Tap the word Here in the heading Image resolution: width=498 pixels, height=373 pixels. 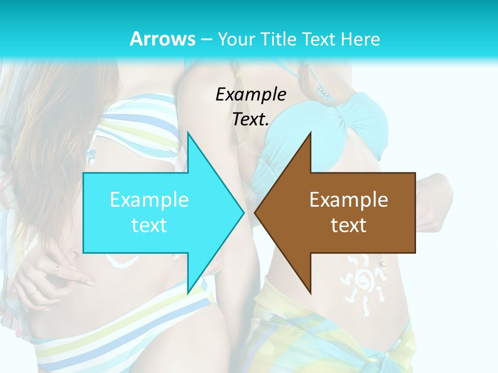pos(360,39)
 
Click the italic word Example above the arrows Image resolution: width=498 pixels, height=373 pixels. pos(251,95)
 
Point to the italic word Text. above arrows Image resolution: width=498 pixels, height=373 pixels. pos(251,120)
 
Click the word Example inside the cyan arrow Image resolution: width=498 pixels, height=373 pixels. pos(149,200)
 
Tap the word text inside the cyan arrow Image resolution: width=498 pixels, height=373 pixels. pos(149,225)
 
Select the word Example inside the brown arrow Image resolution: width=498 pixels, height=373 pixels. pos(349,200)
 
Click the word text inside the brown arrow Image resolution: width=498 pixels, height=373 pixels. pos(349,225)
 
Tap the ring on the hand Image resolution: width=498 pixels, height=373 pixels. pos(56,269)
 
